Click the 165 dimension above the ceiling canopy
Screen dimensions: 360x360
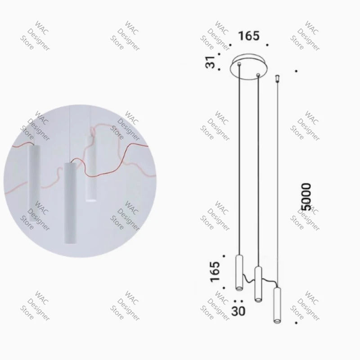tap(249, 36)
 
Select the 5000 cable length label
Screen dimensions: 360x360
tap(306, 196)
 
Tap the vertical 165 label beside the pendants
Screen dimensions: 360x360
tap(215, 271)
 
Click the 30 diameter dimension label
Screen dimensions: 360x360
tap(238, 310)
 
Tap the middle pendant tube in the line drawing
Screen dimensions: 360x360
tap(258, 283)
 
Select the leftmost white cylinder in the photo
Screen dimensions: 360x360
tap(33, 180)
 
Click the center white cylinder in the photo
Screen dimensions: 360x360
tap(71, 202)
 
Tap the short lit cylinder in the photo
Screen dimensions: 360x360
tap(91, 169)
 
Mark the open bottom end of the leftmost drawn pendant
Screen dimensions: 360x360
tap(239, 288)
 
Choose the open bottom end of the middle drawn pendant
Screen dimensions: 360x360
tap(258, 299)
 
